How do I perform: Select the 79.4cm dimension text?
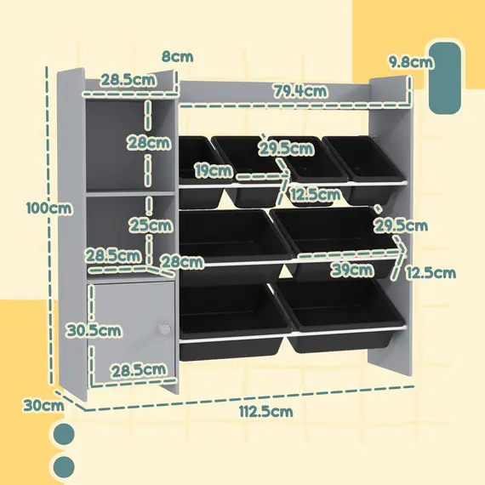(300, 91)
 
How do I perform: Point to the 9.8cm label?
(411, 61)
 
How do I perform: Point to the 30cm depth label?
(43, 406)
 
